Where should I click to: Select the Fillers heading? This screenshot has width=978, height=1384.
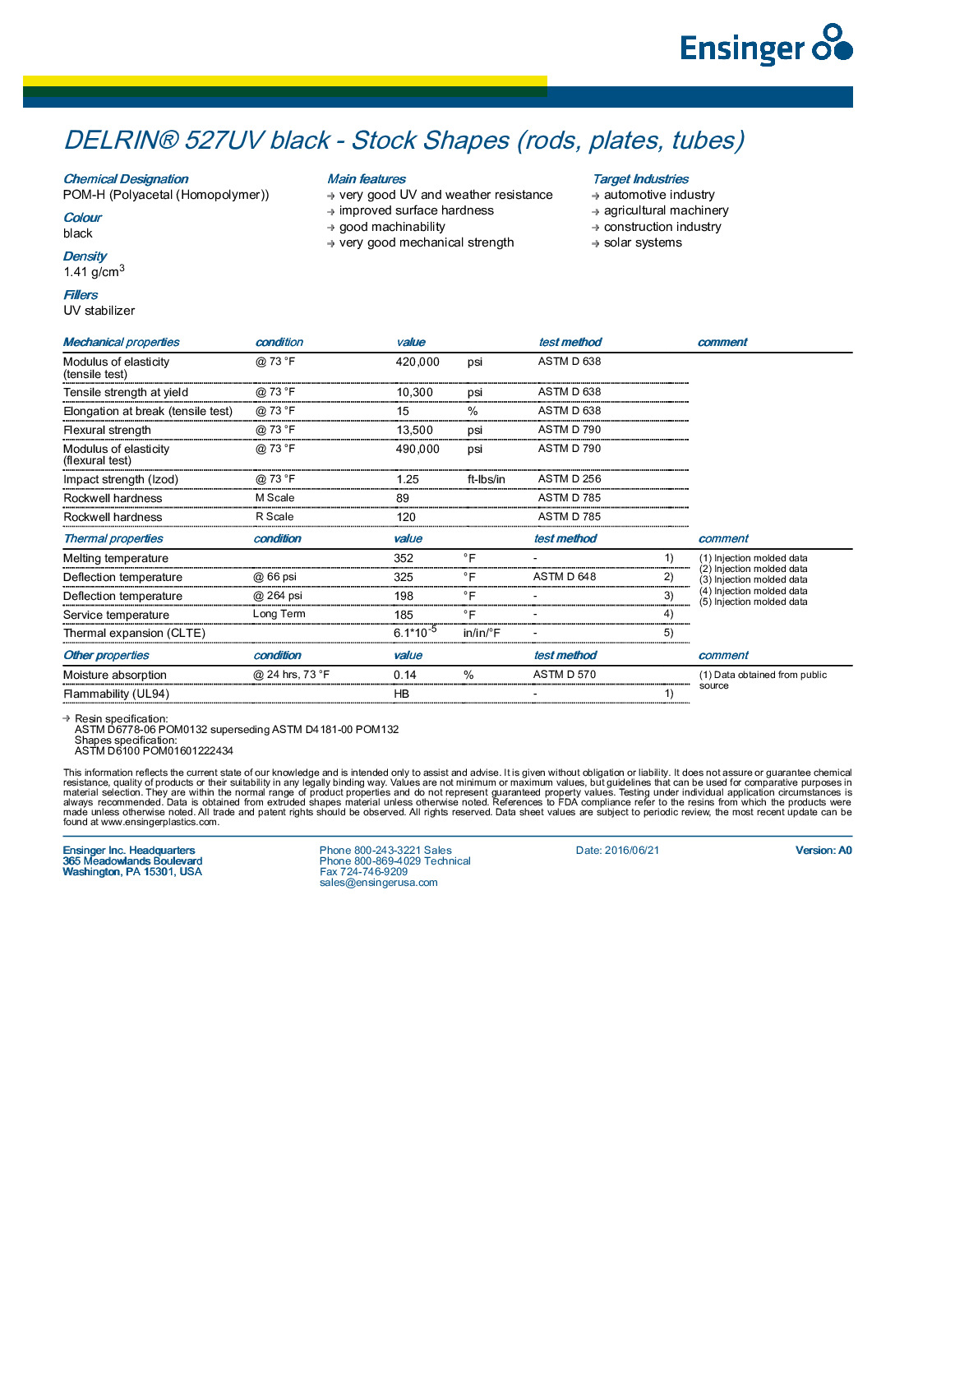click(81, 295)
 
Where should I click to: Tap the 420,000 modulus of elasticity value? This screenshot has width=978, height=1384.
click(417, 362)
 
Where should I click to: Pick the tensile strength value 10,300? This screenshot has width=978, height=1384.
click(414, 392)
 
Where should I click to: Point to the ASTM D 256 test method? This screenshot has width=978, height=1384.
click(570, 479)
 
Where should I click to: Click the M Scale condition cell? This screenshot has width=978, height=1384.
click(274, 498)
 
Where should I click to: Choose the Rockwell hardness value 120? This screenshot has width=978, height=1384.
click(406, 517)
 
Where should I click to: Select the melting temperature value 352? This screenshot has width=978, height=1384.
click(404, 558)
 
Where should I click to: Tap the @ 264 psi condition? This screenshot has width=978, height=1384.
click(278, 596)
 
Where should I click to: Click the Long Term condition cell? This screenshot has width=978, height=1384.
click(279, 614)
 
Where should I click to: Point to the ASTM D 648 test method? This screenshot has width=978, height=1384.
click(565, 577)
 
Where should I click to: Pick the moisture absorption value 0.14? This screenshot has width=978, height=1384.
click(405, 675)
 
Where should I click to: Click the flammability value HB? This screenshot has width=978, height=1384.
click(401, 694)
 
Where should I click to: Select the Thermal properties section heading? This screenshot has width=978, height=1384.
click(113, 539)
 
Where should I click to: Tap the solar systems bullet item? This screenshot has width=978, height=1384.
click(643, 242)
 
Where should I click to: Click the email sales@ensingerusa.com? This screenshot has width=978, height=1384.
click(379, 883)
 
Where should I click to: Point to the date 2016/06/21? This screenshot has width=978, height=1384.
click(618, 851)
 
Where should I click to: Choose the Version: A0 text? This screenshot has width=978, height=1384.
click(823, 851)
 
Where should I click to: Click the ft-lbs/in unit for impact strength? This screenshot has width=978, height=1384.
click(487, 479)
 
